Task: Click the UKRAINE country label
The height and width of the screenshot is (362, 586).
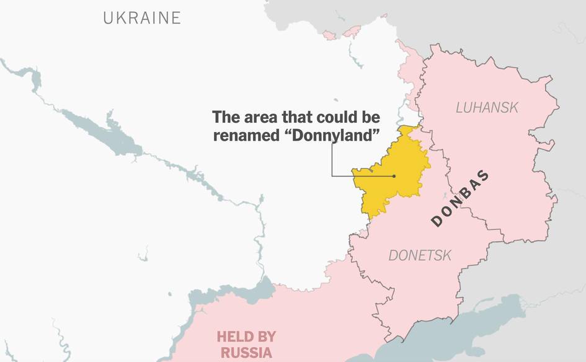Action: click(142, 17)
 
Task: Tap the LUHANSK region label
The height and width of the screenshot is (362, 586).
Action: click(487, 107)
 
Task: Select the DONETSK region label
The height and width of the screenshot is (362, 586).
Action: click(420, 255)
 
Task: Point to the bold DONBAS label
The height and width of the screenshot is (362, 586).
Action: click(459, 198)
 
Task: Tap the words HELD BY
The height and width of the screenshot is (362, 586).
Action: click(246, 337)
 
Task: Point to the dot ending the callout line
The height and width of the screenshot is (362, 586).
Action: click(394, 176)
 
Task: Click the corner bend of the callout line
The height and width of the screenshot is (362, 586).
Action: click(332, 176)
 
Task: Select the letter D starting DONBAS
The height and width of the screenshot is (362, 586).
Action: click(436, 222)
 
